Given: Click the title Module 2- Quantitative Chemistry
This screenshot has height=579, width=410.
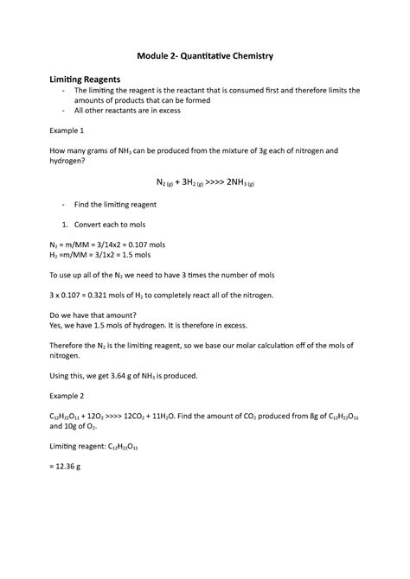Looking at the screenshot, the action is pos(205,55).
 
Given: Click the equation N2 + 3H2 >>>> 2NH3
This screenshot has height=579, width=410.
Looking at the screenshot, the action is pos(204,183).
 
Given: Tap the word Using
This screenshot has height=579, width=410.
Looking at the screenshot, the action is pos(64,376).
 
